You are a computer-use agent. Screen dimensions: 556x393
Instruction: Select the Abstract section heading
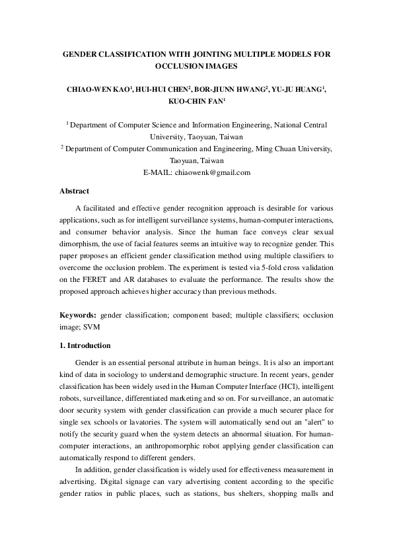tap(75, 191)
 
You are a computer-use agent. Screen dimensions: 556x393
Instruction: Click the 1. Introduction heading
tap(85, 345)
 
